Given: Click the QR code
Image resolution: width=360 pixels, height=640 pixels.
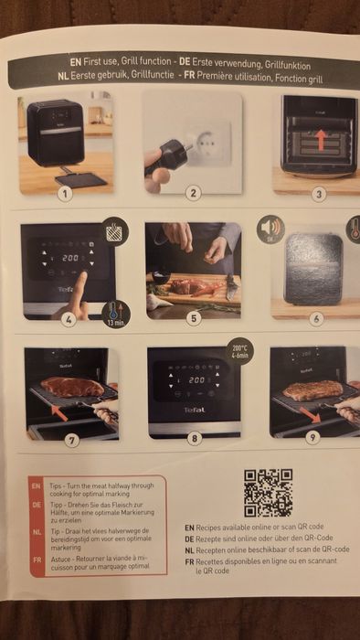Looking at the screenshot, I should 268,493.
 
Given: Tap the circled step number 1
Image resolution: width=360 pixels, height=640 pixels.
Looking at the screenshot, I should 64,192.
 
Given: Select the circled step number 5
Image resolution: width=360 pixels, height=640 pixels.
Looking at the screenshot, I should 193,318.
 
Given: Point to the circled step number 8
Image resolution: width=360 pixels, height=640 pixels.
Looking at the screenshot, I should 193,438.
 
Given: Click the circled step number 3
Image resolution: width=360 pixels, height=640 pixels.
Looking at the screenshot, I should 318,193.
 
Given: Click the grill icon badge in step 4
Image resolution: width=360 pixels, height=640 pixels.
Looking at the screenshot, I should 114,230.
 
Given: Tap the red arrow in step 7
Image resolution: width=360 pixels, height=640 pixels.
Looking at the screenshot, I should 58,411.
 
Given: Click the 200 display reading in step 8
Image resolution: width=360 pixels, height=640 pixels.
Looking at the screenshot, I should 196,379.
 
